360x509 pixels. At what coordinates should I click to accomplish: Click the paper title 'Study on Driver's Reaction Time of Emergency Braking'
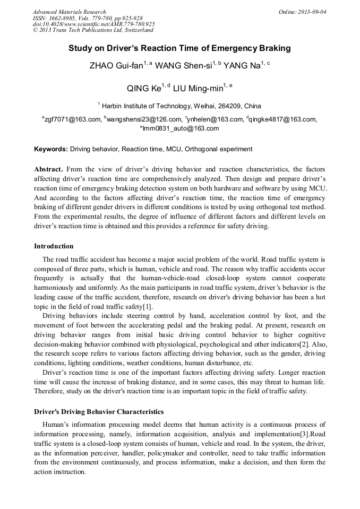click(179, 48)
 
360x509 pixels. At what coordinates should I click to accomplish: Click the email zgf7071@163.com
click(73, 119)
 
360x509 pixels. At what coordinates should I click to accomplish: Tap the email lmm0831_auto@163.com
click(181, 128)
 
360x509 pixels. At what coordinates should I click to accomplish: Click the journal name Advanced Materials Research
click(69, 12)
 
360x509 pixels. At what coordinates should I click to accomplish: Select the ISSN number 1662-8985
click(64, 18)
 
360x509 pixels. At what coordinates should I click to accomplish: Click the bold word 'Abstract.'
click(48, 169)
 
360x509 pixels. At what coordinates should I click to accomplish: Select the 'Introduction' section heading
click(54, 246)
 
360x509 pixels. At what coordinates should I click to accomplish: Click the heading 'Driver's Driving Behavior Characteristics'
click(99, 412)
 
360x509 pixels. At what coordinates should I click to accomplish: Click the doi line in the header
click(94, 24)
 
